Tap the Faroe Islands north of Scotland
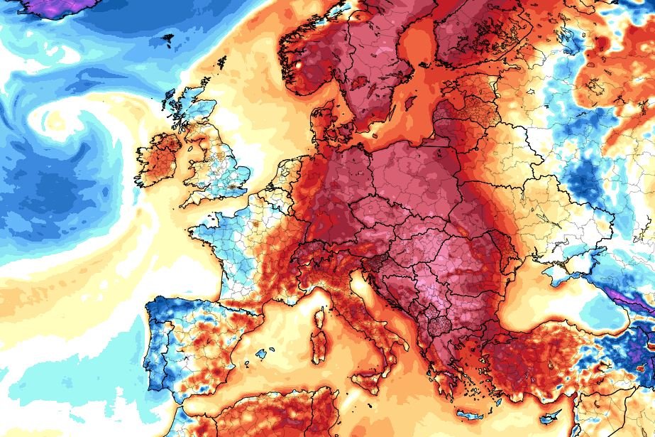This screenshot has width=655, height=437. (x=169, y=38)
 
